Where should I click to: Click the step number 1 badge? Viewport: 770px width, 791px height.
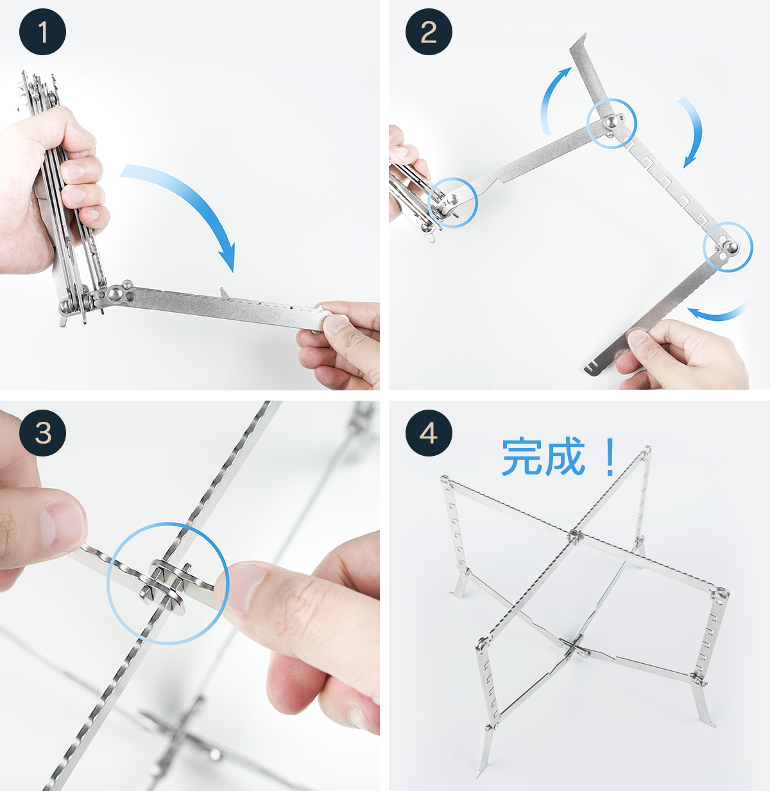(42, 31)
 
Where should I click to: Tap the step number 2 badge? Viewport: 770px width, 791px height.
(429, 31)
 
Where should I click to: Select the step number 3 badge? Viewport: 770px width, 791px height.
(42, 433)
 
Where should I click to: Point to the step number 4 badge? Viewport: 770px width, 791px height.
(429, 433)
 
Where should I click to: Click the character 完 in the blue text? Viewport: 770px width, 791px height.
(521, 457)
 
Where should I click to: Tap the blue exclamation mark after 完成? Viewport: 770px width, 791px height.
(610, 457)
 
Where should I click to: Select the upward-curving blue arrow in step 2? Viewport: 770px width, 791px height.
(549, 98)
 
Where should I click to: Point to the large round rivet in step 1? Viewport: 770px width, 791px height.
(115, 293)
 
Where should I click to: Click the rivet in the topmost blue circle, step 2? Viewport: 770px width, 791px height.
(610, 121)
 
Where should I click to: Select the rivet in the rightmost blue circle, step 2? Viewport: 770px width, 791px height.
(732, 247)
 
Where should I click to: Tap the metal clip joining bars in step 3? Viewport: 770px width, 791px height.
(167, 586)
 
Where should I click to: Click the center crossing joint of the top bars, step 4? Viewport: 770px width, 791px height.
(576, 535)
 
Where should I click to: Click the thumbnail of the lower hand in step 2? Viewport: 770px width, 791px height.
(638, 338)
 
